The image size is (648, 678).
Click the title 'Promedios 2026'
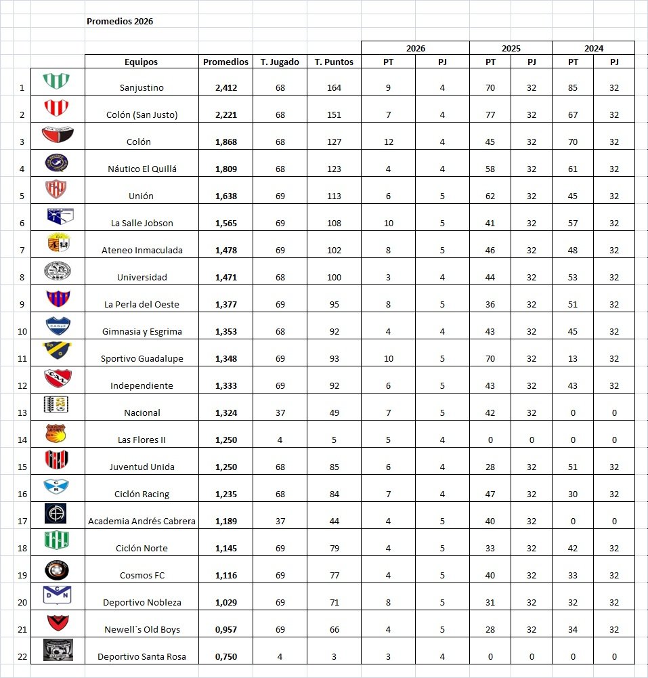point(120,21)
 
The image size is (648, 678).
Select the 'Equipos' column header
point(141,62)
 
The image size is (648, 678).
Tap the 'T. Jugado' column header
point(280,62)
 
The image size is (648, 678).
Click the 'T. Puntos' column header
point(334,62)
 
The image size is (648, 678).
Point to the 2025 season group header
point(511,48)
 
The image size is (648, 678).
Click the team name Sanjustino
point(141,87)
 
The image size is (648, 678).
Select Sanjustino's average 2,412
point(225,87)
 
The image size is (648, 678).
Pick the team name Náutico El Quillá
point(141,169)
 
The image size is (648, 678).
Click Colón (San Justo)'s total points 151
point(334,114)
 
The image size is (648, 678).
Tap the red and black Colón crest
point(58,135)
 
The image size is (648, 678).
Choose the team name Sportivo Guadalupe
point(141,358)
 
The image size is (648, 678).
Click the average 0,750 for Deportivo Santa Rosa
point(225,656)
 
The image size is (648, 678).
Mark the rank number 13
point(22,412)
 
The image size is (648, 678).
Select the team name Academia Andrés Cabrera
point(141,521)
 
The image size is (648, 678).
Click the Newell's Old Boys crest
point(58,622)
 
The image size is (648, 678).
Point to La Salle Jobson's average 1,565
point(225,223)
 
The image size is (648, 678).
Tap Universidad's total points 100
point(334,277)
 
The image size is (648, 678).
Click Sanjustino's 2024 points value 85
point(573,87)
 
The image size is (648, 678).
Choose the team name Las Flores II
point(141,440)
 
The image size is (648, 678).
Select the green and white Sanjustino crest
point(58,81)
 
